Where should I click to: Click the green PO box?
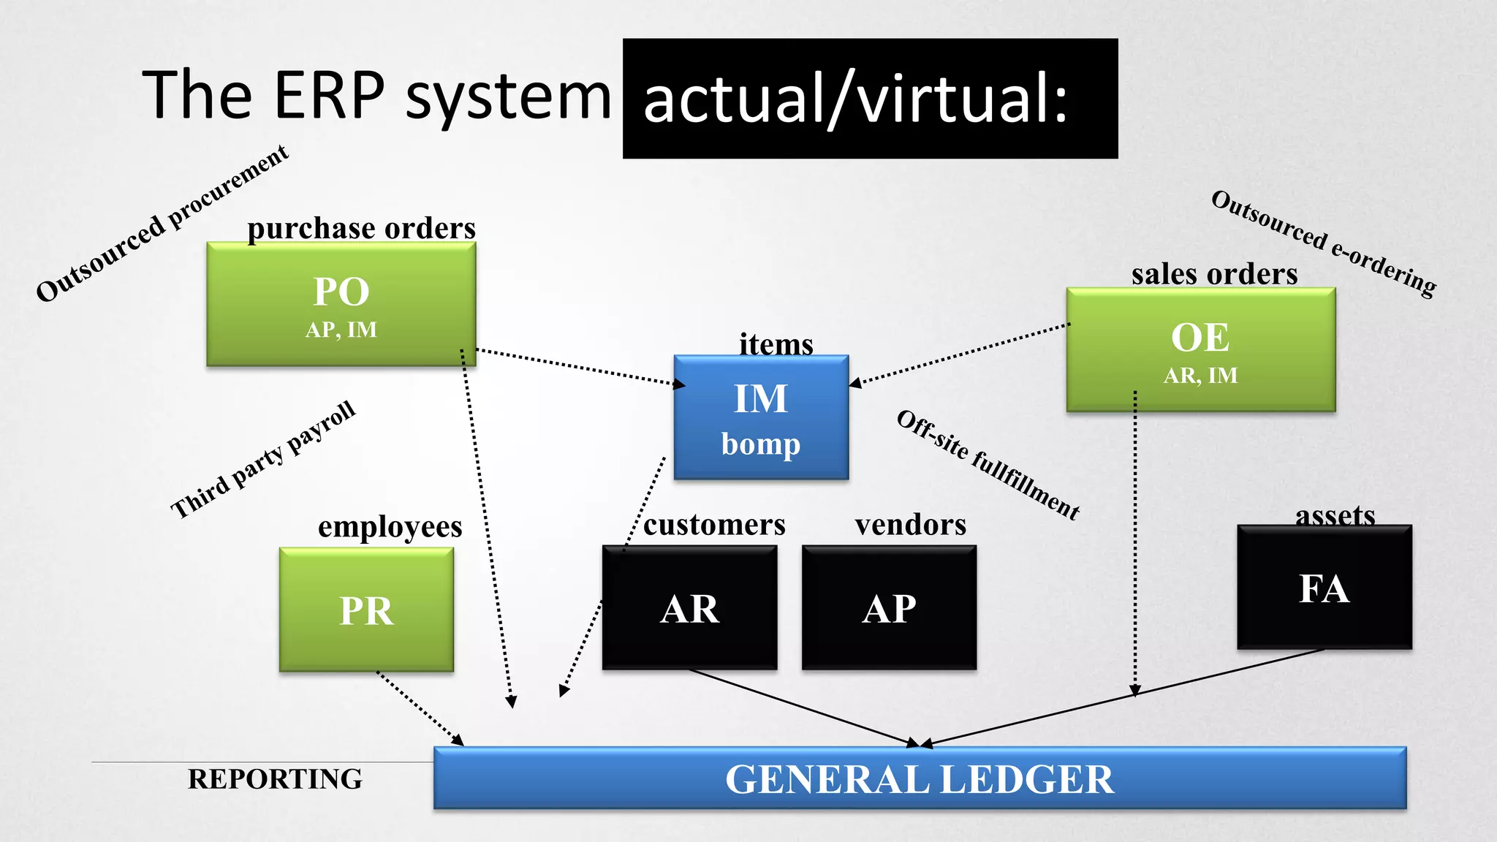341,304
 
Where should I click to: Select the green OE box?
1200,350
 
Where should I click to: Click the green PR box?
366,610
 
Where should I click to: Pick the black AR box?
689,607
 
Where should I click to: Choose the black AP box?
889,607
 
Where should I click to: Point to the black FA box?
1324,588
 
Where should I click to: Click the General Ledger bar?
919,778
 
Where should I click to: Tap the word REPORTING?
275,779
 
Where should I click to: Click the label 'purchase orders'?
361,229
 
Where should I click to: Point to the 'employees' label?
390,527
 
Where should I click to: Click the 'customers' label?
714,525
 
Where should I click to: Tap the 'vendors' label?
910,525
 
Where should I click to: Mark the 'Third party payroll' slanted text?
263,460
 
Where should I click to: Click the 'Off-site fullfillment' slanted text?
988,466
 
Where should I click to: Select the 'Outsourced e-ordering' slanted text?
1323,243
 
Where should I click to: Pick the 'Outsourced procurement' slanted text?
162,224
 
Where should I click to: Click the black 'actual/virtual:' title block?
870,99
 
